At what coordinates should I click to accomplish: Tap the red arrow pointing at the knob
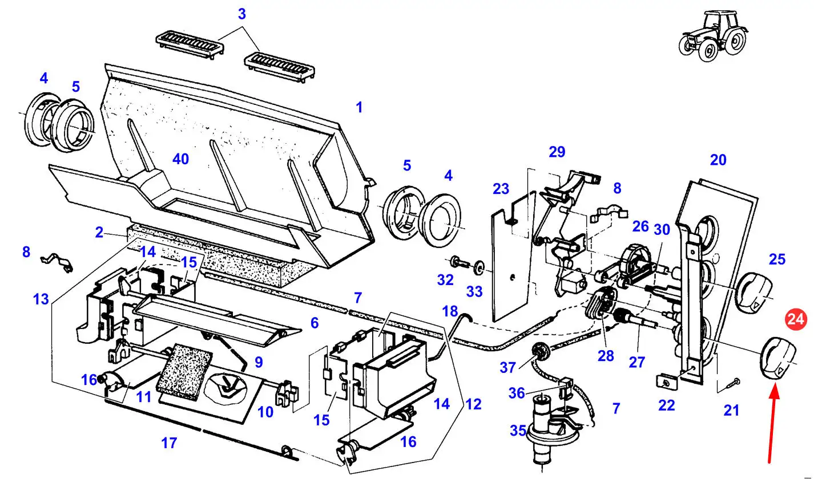pos(773,422)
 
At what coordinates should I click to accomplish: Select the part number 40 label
pos(180,159)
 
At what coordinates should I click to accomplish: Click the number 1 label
pos(359,107)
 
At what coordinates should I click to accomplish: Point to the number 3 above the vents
pos(241,14)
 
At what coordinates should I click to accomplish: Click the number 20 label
pos(718,160)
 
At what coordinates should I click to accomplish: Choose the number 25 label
pos(777,259)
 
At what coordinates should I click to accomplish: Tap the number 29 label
pos(557,152)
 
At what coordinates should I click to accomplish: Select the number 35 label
pos(518,431)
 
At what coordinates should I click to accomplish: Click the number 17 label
pos(170,442)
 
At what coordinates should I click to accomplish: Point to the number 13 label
pos(41,299)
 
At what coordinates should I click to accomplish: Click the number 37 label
pos(508,368)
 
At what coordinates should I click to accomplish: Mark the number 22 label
pos(666,405)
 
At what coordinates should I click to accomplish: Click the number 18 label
pos(450,311)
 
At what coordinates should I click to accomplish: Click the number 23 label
pos(501,189)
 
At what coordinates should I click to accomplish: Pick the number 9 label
pos(259,362)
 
